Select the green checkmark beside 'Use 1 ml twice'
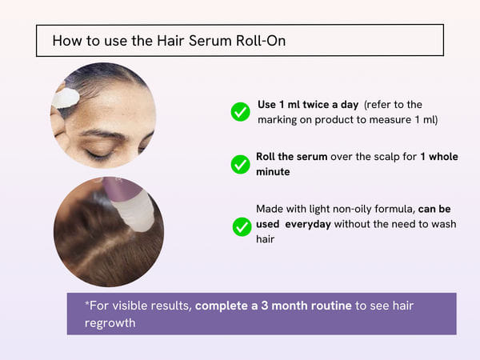coord(240,112)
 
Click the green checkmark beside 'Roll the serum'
coord(240,164)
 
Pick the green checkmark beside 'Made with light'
coord(242,226)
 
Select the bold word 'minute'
coord(274,172)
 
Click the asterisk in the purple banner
coord(87,305)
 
